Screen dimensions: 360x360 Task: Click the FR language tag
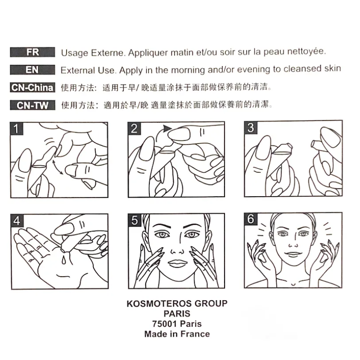click(x=32, y=52)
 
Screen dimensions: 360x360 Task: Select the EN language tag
click(x=32, y=70)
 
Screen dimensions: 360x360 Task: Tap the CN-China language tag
click(x=32, y=87)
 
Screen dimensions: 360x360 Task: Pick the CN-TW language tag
click(x=32, y=105)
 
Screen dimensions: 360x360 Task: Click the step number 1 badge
click(x=16, y=129)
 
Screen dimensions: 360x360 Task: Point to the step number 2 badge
click(x=134, y=128)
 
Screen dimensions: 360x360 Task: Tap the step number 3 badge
click(x=251, y=127)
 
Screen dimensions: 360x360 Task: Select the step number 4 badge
click(x=17, y=220)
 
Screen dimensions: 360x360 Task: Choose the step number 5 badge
click(x=135, y=220)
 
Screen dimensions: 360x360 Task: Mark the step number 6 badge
click(x=251, y=219)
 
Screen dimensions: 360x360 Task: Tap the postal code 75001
click(x=165, y=324)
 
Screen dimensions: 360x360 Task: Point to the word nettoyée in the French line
click(x=306, y=51)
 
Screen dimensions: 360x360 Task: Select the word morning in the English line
click(x=188, y=70)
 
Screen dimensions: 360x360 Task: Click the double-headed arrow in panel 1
click(x=58, y=167)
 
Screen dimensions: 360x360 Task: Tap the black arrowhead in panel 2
click(x=167, y=128)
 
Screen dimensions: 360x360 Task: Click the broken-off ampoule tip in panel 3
click(x=315, y=144)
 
